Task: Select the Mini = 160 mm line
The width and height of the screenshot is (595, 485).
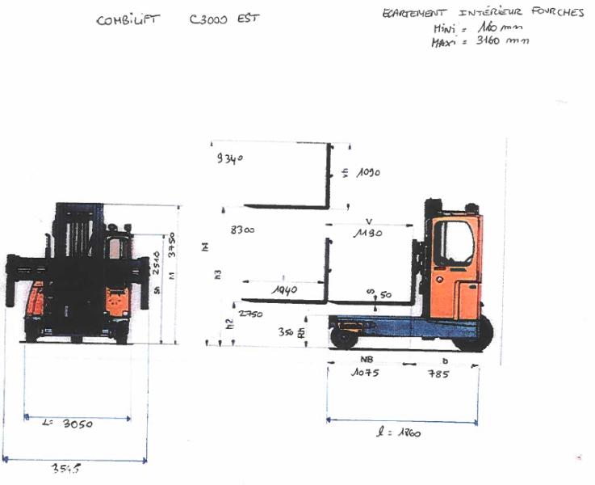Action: click(x=474, y=29)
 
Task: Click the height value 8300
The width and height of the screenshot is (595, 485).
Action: click(x=241, y=230)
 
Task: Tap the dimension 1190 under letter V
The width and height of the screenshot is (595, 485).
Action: click(x=367, y=234)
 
